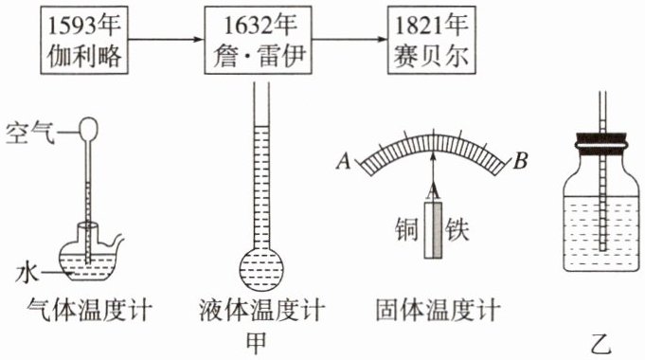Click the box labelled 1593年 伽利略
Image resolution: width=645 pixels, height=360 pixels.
point(84,41)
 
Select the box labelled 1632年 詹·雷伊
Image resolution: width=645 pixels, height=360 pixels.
point(258,41)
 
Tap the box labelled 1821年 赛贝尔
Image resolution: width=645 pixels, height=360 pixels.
point(432,41)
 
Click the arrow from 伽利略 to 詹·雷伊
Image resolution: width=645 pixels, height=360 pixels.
point(166,40)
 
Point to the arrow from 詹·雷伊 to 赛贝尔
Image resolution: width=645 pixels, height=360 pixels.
point(349,40)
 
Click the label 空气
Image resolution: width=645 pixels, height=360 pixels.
point(30,133)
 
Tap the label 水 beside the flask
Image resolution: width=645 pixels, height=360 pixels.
point(27,273)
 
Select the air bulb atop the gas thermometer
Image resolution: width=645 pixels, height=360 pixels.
point(88,129)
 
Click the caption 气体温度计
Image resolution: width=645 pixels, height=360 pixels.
point(89,310)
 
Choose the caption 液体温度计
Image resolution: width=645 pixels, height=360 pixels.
point(262,310)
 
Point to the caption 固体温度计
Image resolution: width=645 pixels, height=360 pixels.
point(438,310)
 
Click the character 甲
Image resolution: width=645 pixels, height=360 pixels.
point(257,343)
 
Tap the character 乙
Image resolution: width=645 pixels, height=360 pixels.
point(600,344)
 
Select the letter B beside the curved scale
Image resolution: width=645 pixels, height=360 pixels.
point(520,161)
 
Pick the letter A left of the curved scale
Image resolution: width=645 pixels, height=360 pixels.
point(344,161)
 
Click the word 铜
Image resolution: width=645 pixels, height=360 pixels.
point(406,229)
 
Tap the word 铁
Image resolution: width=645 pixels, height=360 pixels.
point(457,229)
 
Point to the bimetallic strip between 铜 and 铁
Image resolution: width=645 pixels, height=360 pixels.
point(433,230)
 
